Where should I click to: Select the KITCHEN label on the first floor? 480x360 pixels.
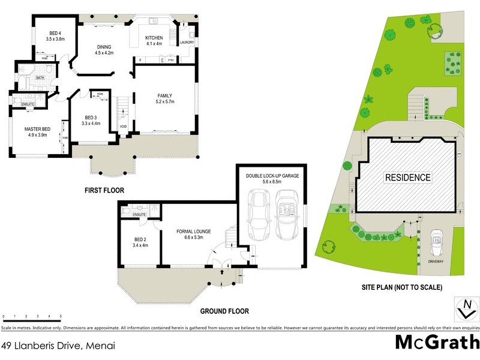[x=154, y=38]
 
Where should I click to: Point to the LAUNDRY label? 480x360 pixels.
[x=187, y=43]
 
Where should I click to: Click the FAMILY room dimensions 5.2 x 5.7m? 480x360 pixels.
[x=165, y=101]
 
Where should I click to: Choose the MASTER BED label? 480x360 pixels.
[x=37, y=129]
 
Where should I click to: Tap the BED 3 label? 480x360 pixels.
[x=91, y=118]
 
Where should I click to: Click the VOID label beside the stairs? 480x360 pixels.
[x=123, y=127]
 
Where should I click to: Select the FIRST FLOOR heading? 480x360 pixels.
[x=104, y=190]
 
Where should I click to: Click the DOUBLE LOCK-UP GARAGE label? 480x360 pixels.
[x=272, y=176]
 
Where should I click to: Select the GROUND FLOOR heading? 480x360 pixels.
[x=224, y=311]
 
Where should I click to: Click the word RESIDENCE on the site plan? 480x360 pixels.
[x=407, y=178]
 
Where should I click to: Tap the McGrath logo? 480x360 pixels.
[x=437, y=342]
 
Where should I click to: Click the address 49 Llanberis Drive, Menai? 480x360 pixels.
[x=58, y=346]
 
